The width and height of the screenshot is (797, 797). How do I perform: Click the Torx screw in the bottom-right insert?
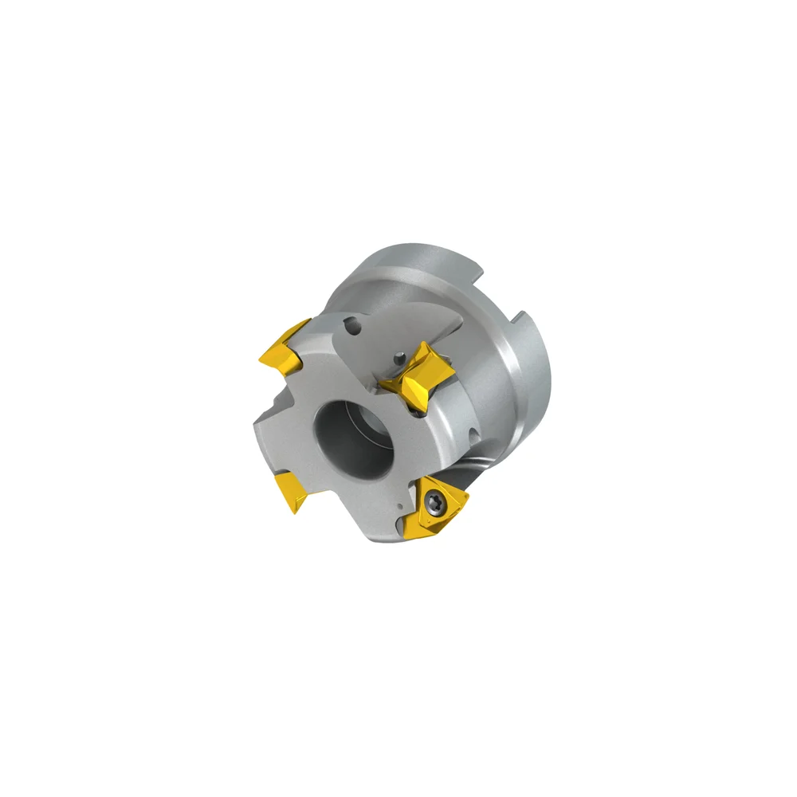tap(433, 501)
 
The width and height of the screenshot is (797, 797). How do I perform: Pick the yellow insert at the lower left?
tap(292, 492)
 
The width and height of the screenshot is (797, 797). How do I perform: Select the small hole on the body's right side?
tap(475, 435)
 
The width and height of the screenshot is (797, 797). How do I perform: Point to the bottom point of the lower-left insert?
tap(294, 511)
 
